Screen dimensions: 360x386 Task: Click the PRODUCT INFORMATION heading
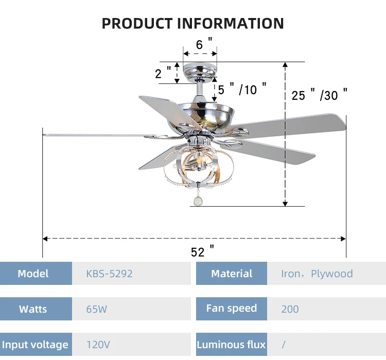(x=192, y=23)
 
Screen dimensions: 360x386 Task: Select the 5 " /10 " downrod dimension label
(x=242, y=89)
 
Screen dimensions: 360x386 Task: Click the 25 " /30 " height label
(x=320, y=95)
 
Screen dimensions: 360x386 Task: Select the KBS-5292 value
(x=109, y=274)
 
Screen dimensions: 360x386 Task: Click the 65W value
(x=97, y=309)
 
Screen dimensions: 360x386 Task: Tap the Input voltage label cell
(x=35, y=345)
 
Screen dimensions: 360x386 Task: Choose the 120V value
(x=98, y=345)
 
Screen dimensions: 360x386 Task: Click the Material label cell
(x=232, y=274)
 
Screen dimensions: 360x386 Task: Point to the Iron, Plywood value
(x=317, y=274)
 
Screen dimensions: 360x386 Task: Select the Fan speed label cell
(x=232, y=309)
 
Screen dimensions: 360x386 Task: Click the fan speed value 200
(x=290, y=309)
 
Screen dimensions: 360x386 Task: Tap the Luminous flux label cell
(x=232, y=345)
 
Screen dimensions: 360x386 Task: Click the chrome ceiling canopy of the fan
(x=200, y=70)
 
